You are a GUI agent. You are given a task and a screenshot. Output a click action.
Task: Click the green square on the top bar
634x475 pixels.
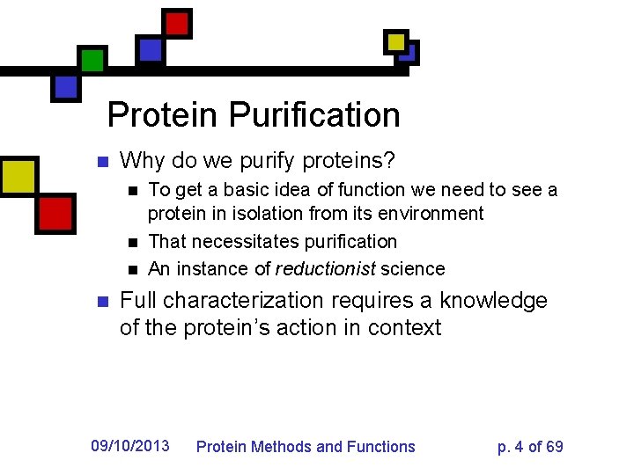pos(92,60)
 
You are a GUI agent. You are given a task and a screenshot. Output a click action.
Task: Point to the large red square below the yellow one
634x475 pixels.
pos(55,213)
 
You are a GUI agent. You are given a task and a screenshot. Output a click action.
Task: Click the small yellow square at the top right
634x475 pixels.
pos(396,41)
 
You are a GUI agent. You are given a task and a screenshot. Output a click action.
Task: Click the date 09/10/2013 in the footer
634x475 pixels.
pos(130,445)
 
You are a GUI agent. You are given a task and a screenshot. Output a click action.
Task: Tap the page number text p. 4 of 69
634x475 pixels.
pos(530,447)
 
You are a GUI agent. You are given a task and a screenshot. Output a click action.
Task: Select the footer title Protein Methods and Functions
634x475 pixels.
pos(306,447)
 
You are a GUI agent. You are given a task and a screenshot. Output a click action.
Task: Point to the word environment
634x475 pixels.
pos(431,214)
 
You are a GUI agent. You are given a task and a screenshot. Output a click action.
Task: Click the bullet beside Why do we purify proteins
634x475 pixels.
pos(101,162)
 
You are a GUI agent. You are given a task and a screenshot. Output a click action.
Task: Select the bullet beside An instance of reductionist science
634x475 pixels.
pos(132,269)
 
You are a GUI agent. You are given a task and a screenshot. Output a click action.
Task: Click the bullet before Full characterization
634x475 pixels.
pos(101,302)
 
